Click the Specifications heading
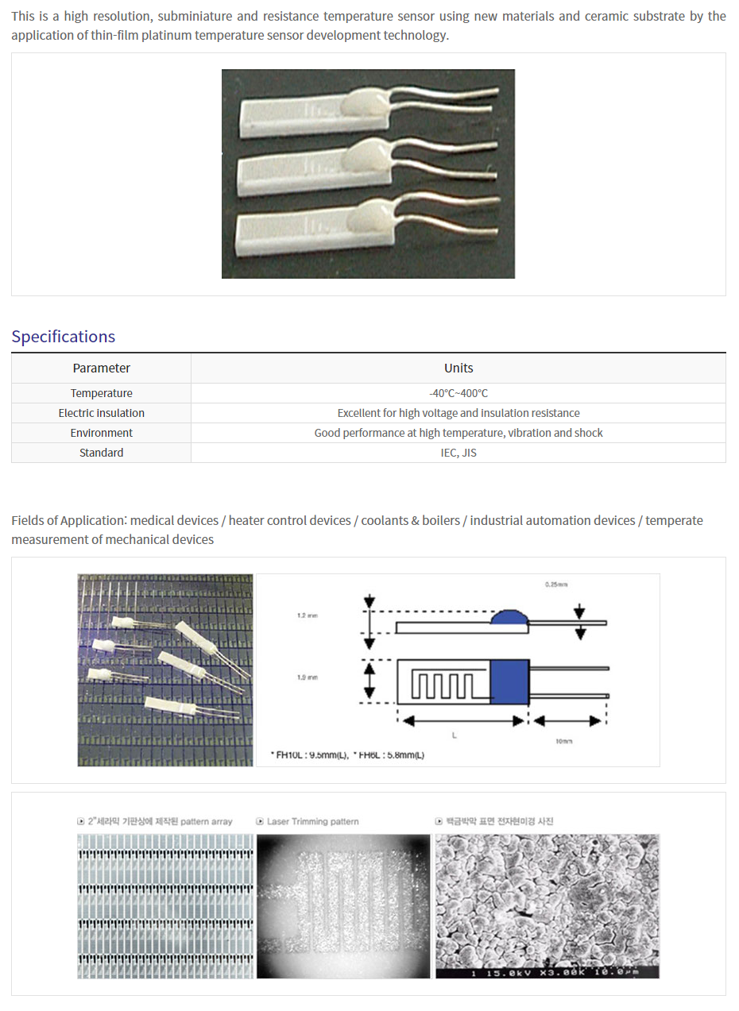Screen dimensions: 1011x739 [x=64, y=336]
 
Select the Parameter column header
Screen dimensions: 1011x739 [x=101, y=368]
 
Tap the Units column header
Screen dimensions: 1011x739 [x=458, y=368]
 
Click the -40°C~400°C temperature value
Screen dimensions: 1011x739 [x=458, y=393]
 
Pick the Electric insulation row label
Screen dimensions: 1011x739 [x=101, y=413]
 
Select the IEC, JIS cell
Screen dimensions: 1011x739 [x=458, y=453]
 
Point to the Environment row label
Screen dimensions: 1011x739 [x=101, y=433]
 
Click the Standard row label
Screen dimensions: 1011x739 [x=101, y=453]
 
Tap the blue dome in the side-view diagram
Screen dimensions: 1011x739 [x=509, y=618]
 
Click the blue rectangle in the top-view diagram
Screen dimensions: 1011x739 [x=509, y=681]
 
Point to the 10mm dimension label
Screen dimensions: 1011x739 [x=564, y=740]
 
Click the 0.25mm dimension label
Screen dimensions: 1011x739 [x=556, y=585]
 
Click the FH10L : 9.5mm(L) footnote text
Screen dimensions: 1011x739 [x=308, y=755]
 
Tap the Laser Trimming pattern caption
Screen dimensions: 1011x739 [x=312, y=821]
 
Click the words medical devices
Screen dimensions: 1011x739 [x=174, y=521]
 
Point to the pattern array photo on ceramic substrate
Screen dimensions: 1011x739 [x=165, y=906]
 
